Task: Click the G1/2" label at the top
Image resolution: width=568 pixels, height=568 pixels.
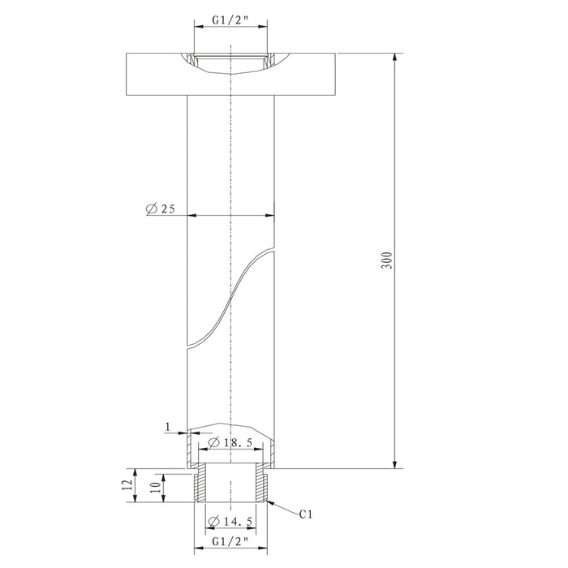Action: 230,20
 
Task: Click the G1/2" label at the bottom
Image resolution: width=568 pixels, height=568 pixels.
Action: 230,541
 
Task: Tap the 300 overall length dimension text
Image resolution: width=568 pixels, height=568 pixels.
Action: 387,260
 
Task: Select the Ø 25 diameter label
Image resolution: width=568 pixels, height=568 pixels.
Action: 161,209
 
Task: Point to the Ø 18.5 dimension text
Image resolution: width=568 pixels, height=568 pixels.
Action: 230,442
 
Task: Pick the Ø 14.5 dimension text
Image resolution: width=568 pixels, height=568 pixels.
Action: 230,521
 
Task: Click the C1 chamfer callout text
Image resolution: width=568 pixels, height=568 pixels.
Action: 306,514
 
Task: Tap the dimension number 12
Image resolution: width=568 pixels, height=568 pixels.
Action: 127,485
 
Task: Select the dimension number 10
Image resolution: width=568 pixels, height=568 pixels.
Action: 155,488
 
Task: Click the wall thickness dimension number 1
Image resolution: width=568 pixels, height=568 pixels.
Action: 167,427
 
